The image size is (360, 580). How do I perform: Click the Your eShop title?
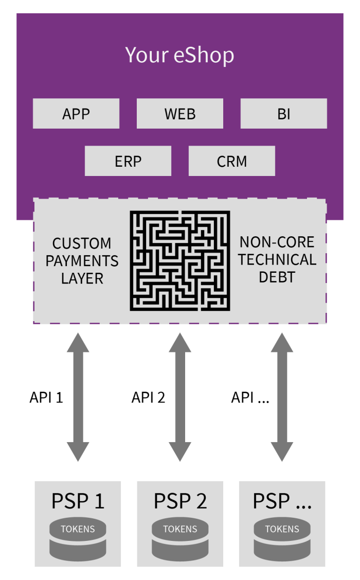pos(179,55)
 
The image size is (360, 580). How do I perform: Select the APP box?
pos(76,114)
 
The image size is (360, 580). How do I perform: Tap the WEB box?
pos(180,114)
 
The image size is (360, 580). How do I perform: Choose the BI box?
pos(284,114)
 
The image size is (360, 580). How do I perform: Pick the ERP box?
pos(128,161)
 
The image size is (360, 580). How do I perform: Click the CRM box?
pos(232,161)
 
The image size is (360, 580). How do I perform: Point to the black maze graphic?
pos(179,260)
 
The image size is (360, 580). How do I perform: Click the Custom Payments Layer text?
pos(82,261)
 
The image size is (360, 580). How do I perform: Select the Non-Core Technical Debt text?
pos(277,259)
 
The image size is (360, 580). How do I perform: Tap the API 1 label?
pos(46,397)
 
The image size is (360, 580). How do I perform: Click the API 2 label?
pos(148,397)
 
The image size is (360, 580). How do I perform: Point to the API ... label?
pos(250,397)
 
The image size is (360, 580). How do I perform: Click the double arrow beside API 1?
pos(78,397)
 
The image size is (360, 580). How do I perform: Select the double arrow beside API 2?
pos(180,397)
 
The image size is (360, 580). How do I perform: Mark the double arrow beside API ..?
pos(282,397)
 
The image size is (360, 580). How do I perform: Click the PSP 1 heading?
pos(78,501)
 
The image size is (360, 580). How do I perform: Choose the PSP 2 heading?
pos(180,501)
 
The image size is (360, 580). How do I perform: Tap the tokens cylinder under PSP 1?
pos(78,539)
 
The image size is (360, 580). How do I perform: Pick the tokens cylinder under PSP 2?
pos(180,539)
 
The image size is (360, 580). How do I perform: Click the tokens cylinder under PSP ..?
pos(282,539)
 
